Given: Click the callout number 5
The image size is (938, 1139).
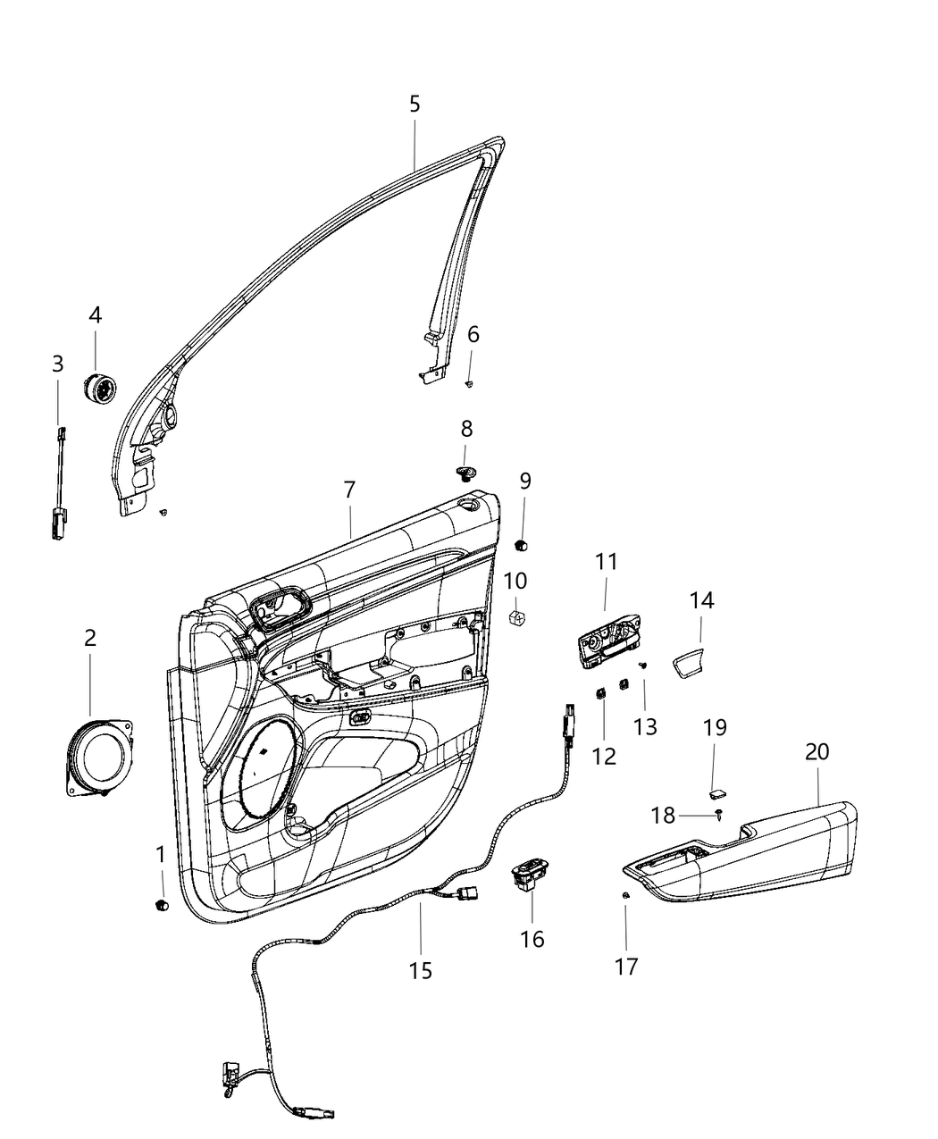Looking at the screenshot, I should click(x=415, y=104).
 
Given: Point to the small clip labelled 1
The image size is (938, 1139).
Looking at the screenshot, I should click(x=162, y=905).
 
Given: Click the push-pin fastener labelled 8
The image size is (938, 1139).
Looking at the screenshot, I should click(x=465, y=471).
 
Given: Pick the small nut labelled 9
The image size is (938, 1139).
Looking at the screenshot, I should click(x=523, y=544).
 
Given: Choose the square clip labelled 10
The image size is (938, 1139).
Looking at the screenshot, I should click(x=515, y=616).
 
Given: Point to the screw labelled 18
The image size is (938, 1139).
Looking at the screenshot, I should click(x=719, y=815).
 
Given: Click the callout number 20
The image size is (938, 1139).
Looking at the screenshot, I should click(x=817, y=752).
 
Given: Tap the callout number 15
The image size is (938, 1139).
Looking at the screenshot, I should click(x=421, y=970).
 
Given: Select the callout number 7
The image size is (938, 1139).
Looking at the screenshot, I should click(x=349, y=490).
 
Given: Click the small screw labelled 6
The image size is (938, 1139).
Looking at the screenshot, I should click(x=470, y=382).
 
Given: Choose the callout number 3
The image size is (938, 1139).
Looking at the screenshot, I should click(x=58, y=364).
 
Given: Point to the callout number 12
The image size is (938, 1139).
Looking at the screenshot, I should click(x=604, y=756).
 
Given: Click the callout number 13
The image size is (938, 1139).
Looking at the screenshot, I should click(x=645, y=726).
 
